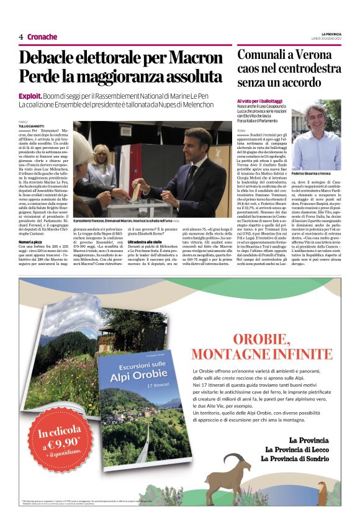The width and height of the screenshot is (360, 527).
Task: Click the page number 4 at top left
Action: click(x=21, y=37)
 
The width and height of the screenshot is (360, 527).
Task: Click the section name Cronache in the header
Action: click(x=42, y=37)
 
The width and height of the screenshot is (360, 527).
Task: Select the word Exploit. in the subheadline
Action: click(x=30, y=96)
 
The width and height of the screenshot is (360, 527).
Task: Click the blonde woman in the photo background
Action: click(x=104, y=161)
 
